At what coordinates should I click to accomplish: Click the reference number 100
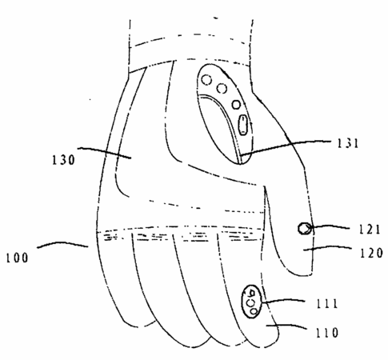pos(18,258)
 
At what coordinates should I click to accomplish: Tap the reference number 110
pos(327,332)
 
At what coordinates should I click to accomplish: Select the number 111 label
pos(326,304)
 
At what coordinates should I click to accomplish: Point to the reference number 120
pos(371,253)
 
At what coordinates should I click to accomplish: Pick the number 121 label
pos(369,230)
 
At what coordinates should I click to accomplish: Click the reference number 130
pos(63,160)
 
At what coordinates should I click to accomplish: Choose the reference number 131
pos(348,143)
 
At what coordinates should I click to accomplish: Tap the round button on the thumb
pos(305,229)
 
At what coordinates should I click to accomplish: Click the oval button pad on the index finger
pos(251,302)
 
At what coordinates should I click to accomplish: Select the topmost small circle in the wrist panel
pos(206,80)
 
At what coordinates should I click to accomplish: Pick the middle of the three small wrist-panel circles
pos(222,88)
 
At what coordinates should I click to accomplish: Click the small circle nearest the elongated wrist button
pos(236,105)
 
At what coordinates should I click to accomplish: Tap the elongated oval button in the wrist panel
pos(242,125)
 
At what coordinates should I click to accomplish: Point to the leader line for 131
pos(286,146)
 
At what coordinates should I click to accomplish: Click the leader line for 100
pos(62,244)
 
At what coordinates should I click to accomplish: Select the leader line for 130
pos(104,152)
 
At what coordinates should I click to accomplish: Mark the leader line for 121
pos(330,226)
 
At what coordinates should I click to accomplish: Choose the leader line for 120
pos(328,248)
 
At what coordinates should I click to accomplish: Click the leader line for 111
pos(282,301)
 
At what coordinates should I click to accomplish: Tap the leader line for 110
pos(286,326)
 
